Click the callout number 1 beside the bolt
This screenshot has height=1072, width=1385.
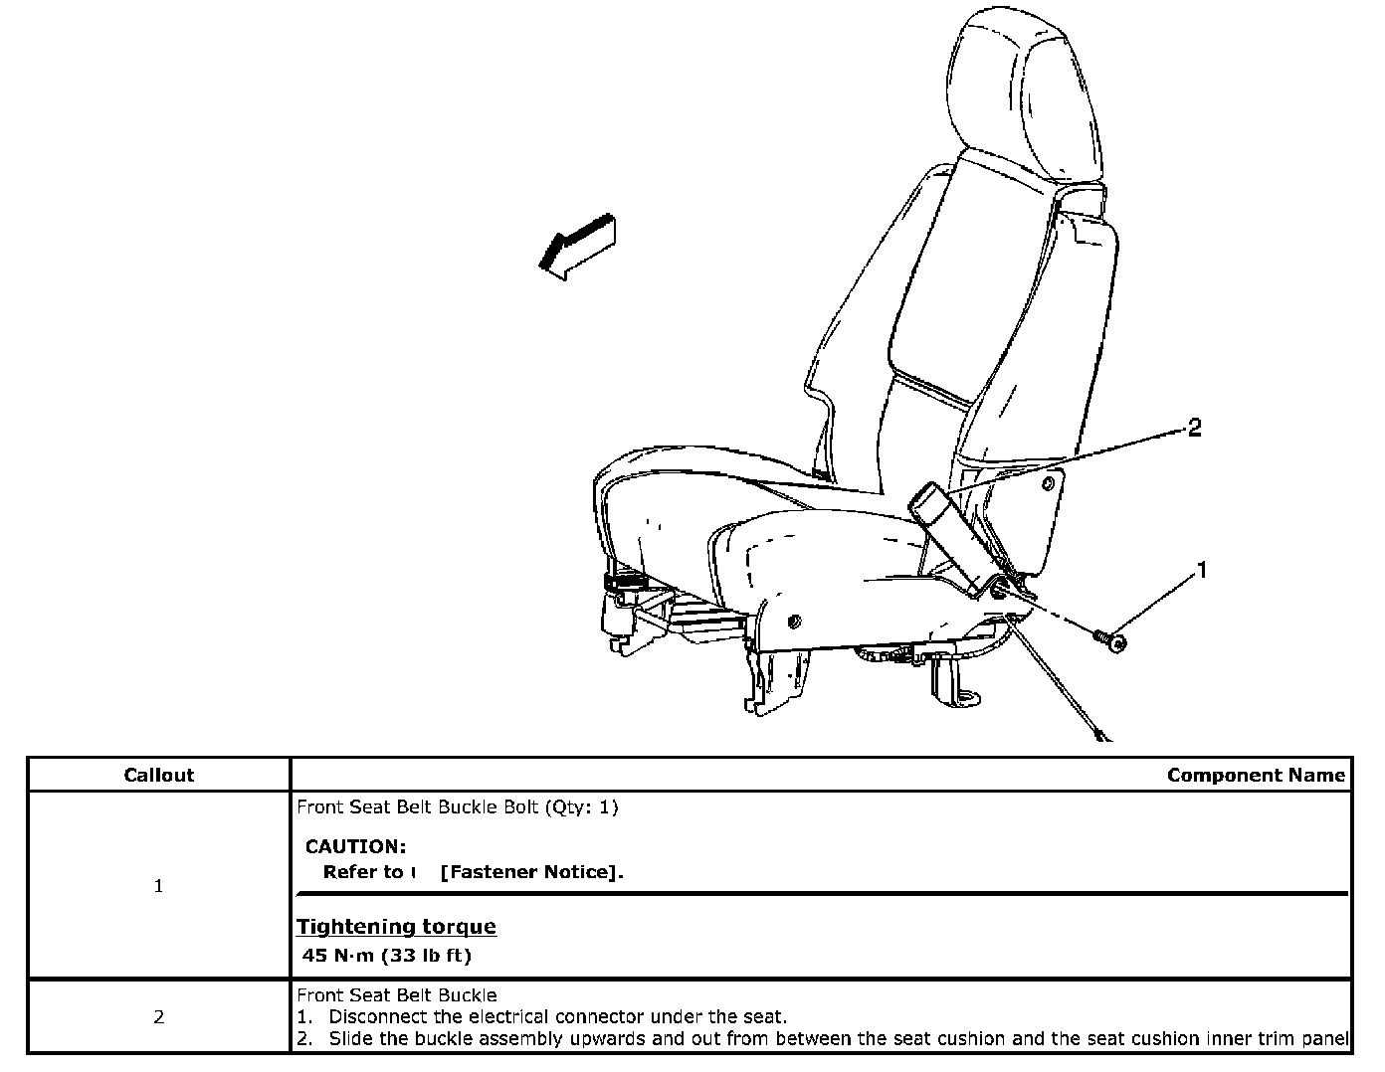[x=1202, y=571]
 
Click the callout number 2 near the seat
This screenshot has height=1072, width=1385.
[x=1194, y=428]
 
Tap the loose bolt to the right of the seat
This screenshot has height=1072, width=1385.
[x=1110, y=639]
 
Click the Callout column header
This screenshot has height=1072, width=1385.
[x=158, y=775]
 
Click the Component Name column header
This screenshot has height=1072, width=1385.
[x=1256, y=775]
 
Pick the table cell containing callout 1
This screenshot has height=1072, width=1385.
[x=158, y=886]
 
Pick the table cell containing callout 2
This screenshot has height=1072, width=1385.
[x=158, y=1017]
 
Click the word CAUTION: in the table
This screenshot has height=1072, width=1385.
[x=355, y=847]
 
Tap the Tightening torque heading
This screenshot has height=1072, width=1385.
[x=396, y=927]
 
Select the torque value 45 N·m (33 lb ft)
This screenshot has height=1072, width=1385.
[x=387, y=956]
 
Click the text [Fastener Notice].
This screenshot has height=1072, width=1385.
[x=531, y=872]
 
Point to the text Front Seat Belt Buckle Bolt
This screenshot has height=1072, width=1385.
[x=418, y=807]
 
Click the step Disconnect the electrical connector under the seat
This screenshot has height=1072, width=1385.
[x=557, y=1016]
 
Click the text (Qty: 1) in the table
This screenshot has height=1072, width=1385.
[x=581, y=807]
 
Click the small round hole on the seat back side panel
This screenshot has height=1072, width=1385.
[x=1048, y=483]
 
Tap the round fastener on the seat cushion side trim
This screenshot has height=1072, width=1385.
[x=793, y=622]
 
